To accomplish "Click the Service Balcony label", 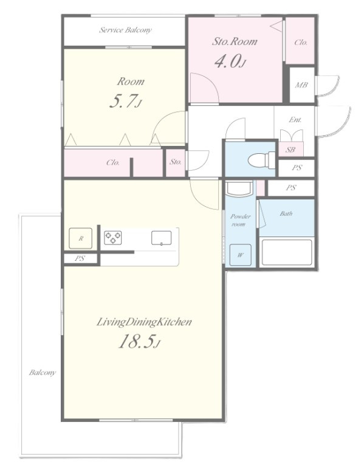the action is [x=125, y=30].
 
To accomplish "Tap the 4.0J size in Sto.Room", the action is [x=230, y=61].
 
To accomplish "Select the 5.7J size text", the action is [x=126, y=101].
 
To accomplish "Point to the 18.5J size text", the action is [x=139, y=341].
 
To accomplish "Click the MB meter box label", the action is [x=301, y=85].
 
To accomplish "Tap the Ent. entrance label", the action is [x=295, y=120].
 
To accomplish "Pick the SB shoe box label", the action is [x=290, y=150].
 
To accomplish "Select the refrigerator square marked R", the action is [x=81, y=238].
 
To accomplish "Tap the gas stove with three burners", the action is [x=113, y=237].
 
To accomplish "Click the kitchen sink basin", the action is [x=161, y=238].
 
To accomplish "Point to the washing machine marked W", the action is [x=241, y=255].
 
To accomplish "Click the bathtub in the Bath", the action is [x=287, y=252].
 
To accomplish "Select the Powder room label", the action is [x=240, y=220].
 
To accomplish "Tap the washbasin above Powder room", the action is [x=239, y=189].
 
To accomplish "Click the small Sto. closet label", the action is [x=176, y=162].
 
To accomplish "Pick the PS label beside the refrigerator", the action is [x=80, y=258].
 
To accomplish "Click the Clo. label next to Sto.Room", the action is [x=301, y=43].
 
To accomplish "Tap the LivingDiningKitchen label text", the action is [x=144, y=322].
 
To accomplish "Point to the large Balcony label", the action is [x=43, y=373].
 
